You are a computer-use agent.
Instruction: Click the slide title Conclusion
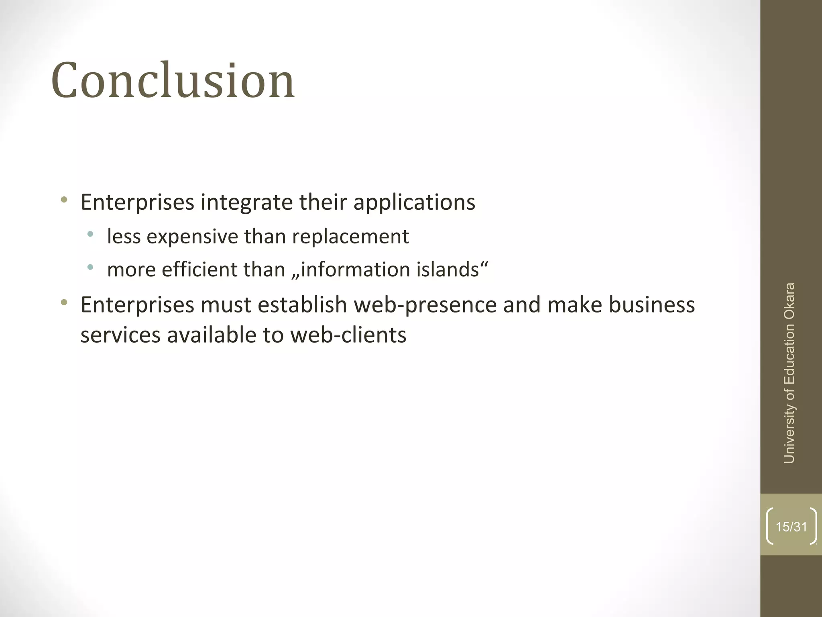pyautogui.click(x=173, y=80)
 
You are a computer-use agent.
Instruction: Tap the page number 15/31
pyautogui.click(x=791, y=527)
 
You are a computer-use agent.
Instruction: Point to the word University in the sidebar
pyautogui.click(x=789, y=433)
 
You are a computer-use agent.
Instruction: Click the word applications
pyautogui.click(x=414, y=202)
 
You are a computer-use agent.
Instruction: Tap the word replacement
pyautogui.click(x=350, y=236)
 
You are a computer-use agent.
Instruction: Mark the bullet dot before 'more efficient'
pyautogui.click(x=90, y=267)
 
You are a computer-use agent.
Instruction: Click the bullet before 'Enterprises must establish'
pyautogui.click(x=64, y=302)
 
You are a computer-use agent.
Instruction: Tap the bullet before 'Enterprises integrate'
pyautogui.click(x=64, y=199)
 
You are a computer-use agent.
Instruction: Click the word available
pyautogui.click(x=212, y=335)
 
